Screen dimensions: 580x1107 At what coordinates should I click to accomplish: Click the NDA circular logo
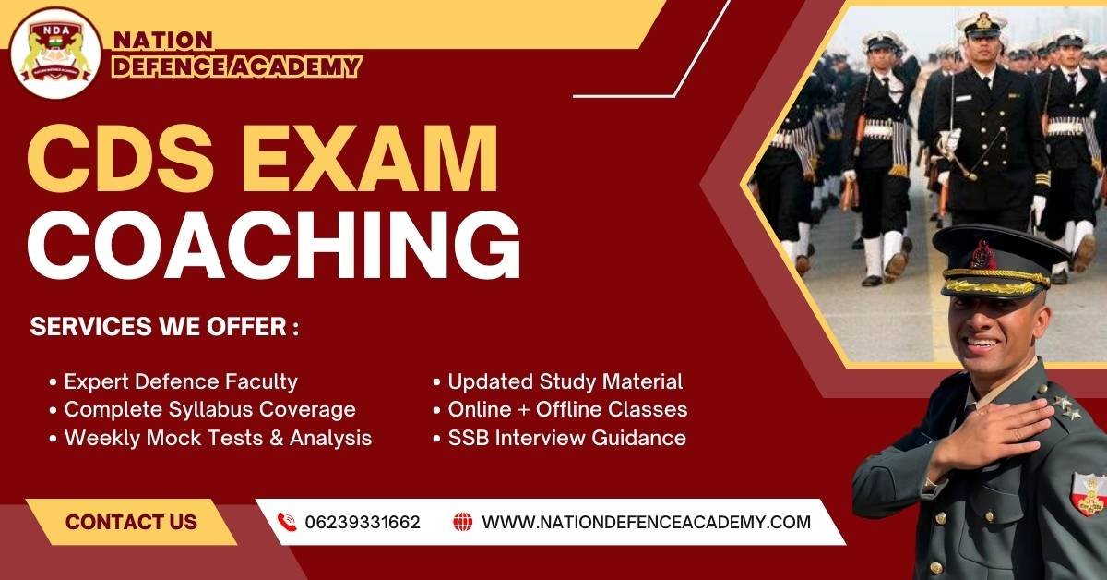click(x=56, y=53)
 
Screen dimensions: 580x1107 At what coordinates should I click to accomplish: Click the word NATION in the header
click(x=162, y=41)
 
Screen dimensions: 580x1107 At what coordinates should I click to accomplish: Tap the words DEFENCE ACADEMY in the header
click(x=235, y=66)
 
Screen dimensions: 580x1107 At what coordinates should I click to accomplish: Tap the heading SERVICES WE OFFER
click(x=165, y=328)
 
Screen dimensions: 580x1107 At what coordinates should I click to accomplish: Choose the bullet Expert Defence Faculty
click(x=180, y=381)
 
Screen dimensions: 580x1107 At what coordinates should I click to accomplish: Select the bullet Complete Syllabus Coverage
click(x=208, y=409)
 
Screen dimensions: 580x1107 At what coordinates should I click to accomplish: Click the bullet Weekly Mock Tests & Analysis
click(x=217, y=438)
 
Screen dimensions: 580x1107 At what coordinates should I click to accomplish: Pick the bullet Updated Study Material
click(x=565, y=381)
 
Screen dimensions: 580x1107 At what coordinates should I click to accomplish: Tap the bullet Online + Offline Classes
click(x=566, y=409)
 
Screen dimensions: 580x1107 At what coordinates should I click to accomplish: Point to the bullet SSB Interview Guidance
click(x=566, y=438)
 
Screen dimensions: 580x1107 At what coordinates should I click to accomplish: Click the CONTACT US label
click(x=131, y=522)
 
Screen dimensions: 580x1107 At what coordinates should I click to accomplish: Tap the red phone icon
click(x=286, y=522)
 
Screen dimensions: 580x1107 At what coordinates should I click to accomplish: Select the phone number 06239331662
click(x=363, y=522)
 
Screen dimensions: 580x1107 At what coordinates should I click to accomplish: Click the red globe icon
click(x=463, y=522)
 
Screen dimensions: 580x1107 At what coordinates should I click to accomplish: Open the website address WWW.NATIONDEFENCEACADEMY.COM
click(x=646, y=522)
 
